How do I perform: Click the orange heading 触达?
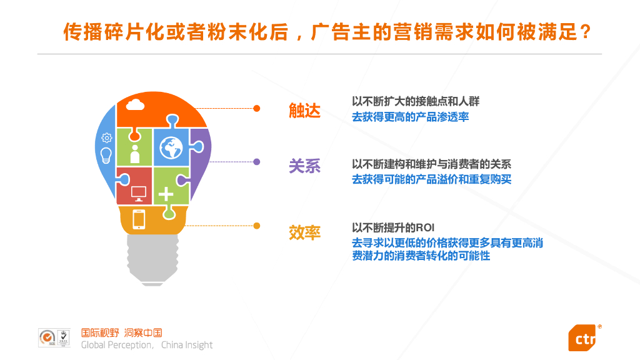tap(304, 111)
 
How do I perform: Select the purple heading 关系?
tap(304, 166)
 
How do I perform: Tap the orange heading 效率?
tap(304, 232)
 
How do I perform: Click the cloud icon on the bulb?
tap(136, 104)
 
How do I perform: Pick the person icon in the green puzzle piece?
tap(134, 151)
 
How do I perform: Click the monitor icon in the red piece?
tap(138, 192)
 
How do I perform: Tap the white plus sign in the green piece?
tap(166, 194)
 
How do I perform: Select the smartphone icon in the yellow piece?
tap(139, 219)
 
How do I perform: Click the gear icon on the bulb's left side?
tap(106, 137)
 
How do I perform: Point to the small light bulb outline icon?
tap(106, 154)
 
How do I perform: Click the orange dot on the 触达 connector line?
tap(256, 108)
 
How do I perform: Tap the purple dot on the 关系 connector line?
tap(256, 162)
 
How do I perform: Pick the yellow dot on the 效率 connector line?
tap(256, 225)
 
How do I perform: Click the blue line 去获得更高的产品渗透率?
tap(410, 117)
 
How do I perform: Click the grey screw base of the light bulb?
tap(151, 259)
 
